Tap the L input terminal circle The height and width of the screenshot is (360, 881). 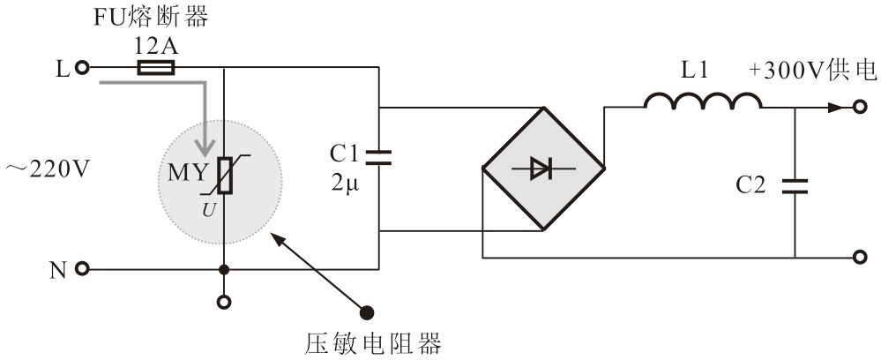coord(82,66)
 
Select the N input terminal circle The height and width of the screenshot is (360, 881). coord(82,269)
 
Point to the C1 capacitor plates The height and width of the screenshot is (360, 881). coord(379,158)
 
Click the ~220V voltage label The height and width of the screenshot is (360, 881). coord(46,169)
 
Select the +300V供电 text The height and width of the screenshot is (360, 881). coord(812,71)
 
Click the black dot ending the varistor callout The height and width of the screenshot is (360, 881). coord(368,311)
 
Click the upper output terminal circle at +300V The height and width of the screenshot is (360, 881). coord(860,108)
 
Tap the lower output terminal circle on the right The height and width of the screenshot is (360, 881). coord(860,258)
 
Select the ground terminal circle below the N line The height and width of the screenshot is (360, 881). coord(224,302)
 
